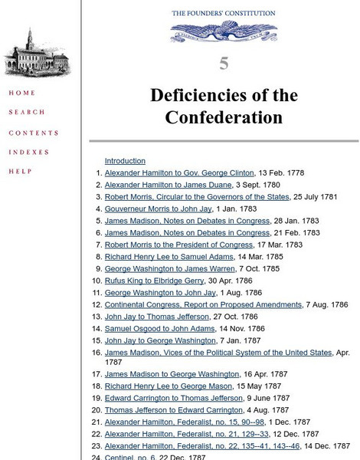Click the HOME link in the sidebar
[x=21, y=94]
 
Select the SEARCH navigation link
[x=27, y=113]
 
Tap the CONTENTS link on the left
[x=34, y=133]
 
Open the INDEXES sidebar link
[x=29, y=153]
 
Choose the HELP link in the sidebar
[x=21, y=172]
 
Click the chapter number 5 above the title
[x=224, y=64]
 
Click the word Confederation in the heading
[x=224, y=117]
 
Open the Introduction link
[x=125, y=161]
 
